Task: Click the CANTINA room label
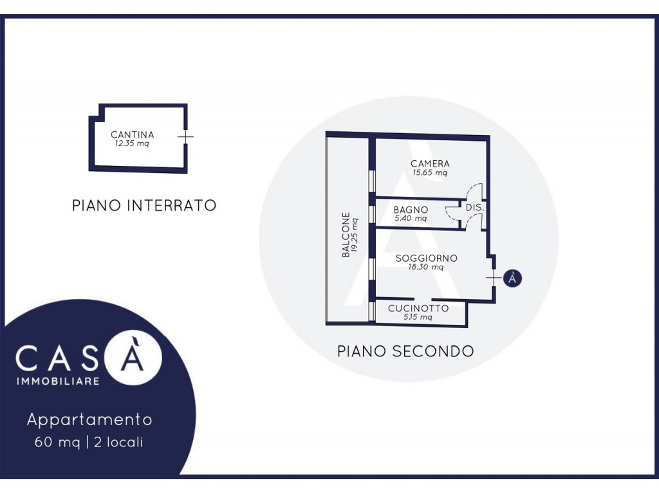click(x=133, y=135)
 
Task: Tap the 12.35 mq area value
click(x=132, y=143)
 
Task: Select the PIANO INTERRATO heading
click(x=144, y=205)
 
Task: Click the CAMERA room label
click(x=430, y=163)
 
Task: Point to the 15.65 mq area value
click(x=430, y=172)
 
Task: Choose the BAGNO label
click(x=411, y=210)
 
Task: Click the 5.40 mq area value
click(x=411, y=219)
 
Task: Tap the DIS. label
click(x=475, y=208)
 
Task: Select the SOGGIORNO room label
click(x=426, y=258)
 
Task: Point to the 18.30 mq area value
click(x=426, y=267)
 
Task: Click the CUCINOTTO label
click(x=418, y=308)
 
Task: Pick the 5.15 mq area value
click(x=418, y=317)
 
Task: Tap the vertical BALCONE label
click(x=346, y=234)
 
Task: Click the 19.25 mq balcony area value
click(x=355, y=234)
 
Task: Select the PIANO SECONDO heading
click(x=405, y=351)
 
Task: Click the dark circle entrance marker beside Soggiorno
click(x=512, y=278)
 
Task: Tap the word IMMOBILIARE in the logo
click(x=57, y=381)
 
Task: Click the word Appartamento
click(x=89, y=419)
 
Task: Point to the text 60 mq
click(x=57, y=443)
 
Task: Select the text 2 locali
click(x=118, y=442)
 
